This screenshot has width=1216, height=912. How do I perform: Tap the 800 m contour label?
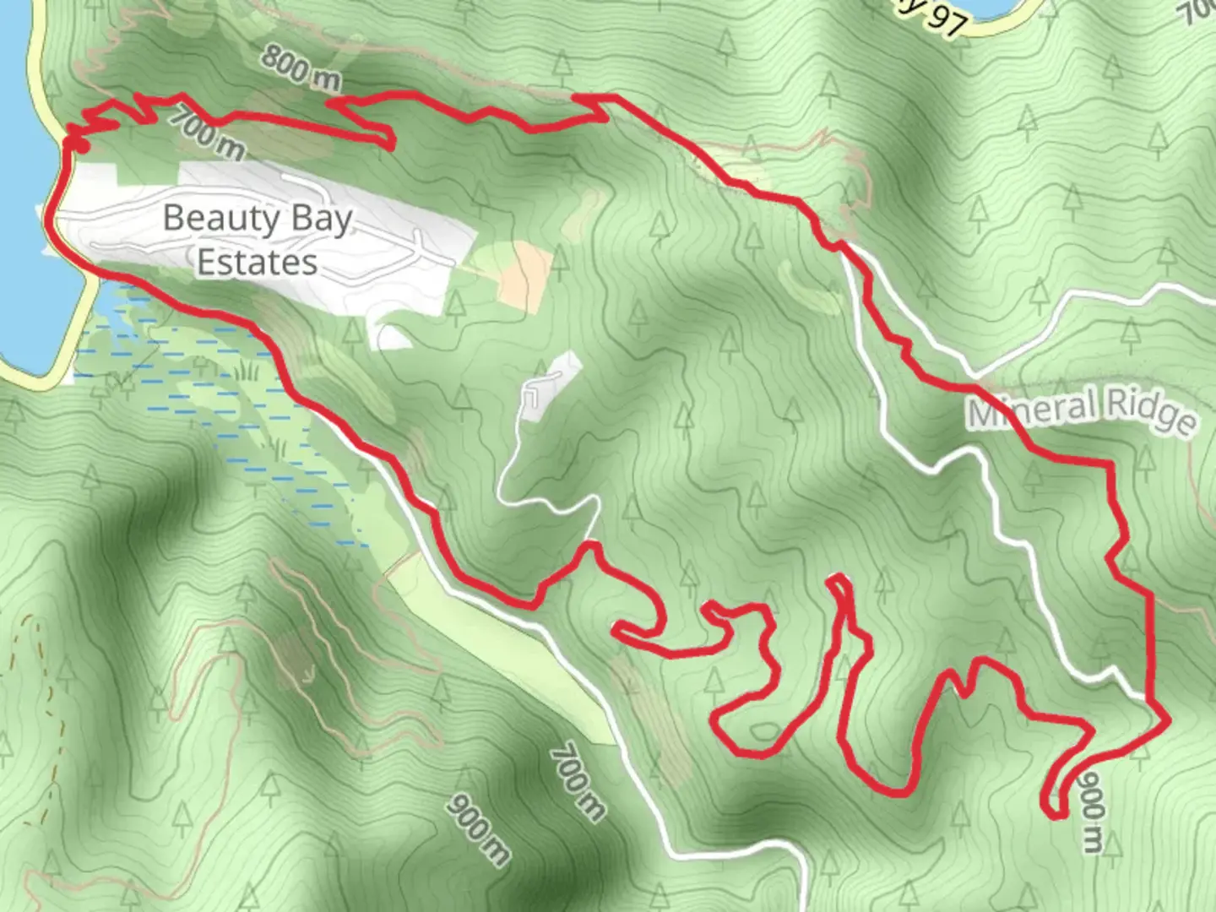click(x=300, y=68)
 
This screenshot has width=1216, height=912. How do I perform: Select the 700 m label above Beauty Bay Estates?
click(x=206, y=132)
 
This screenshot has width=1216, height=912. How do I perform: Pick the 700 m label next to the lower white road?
click(x=578, y=781)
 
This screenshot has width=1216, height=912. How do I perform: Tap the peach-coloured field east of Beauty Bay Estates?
click(x=525, y=273)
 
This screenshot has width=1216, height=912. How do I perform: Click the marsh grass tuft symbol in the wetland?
click(x=247, y=370)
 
